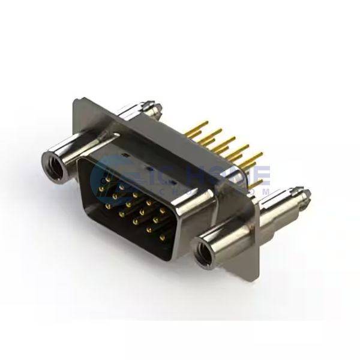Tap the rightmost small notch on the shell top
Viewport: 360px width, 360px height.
(x=172, y=180)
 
